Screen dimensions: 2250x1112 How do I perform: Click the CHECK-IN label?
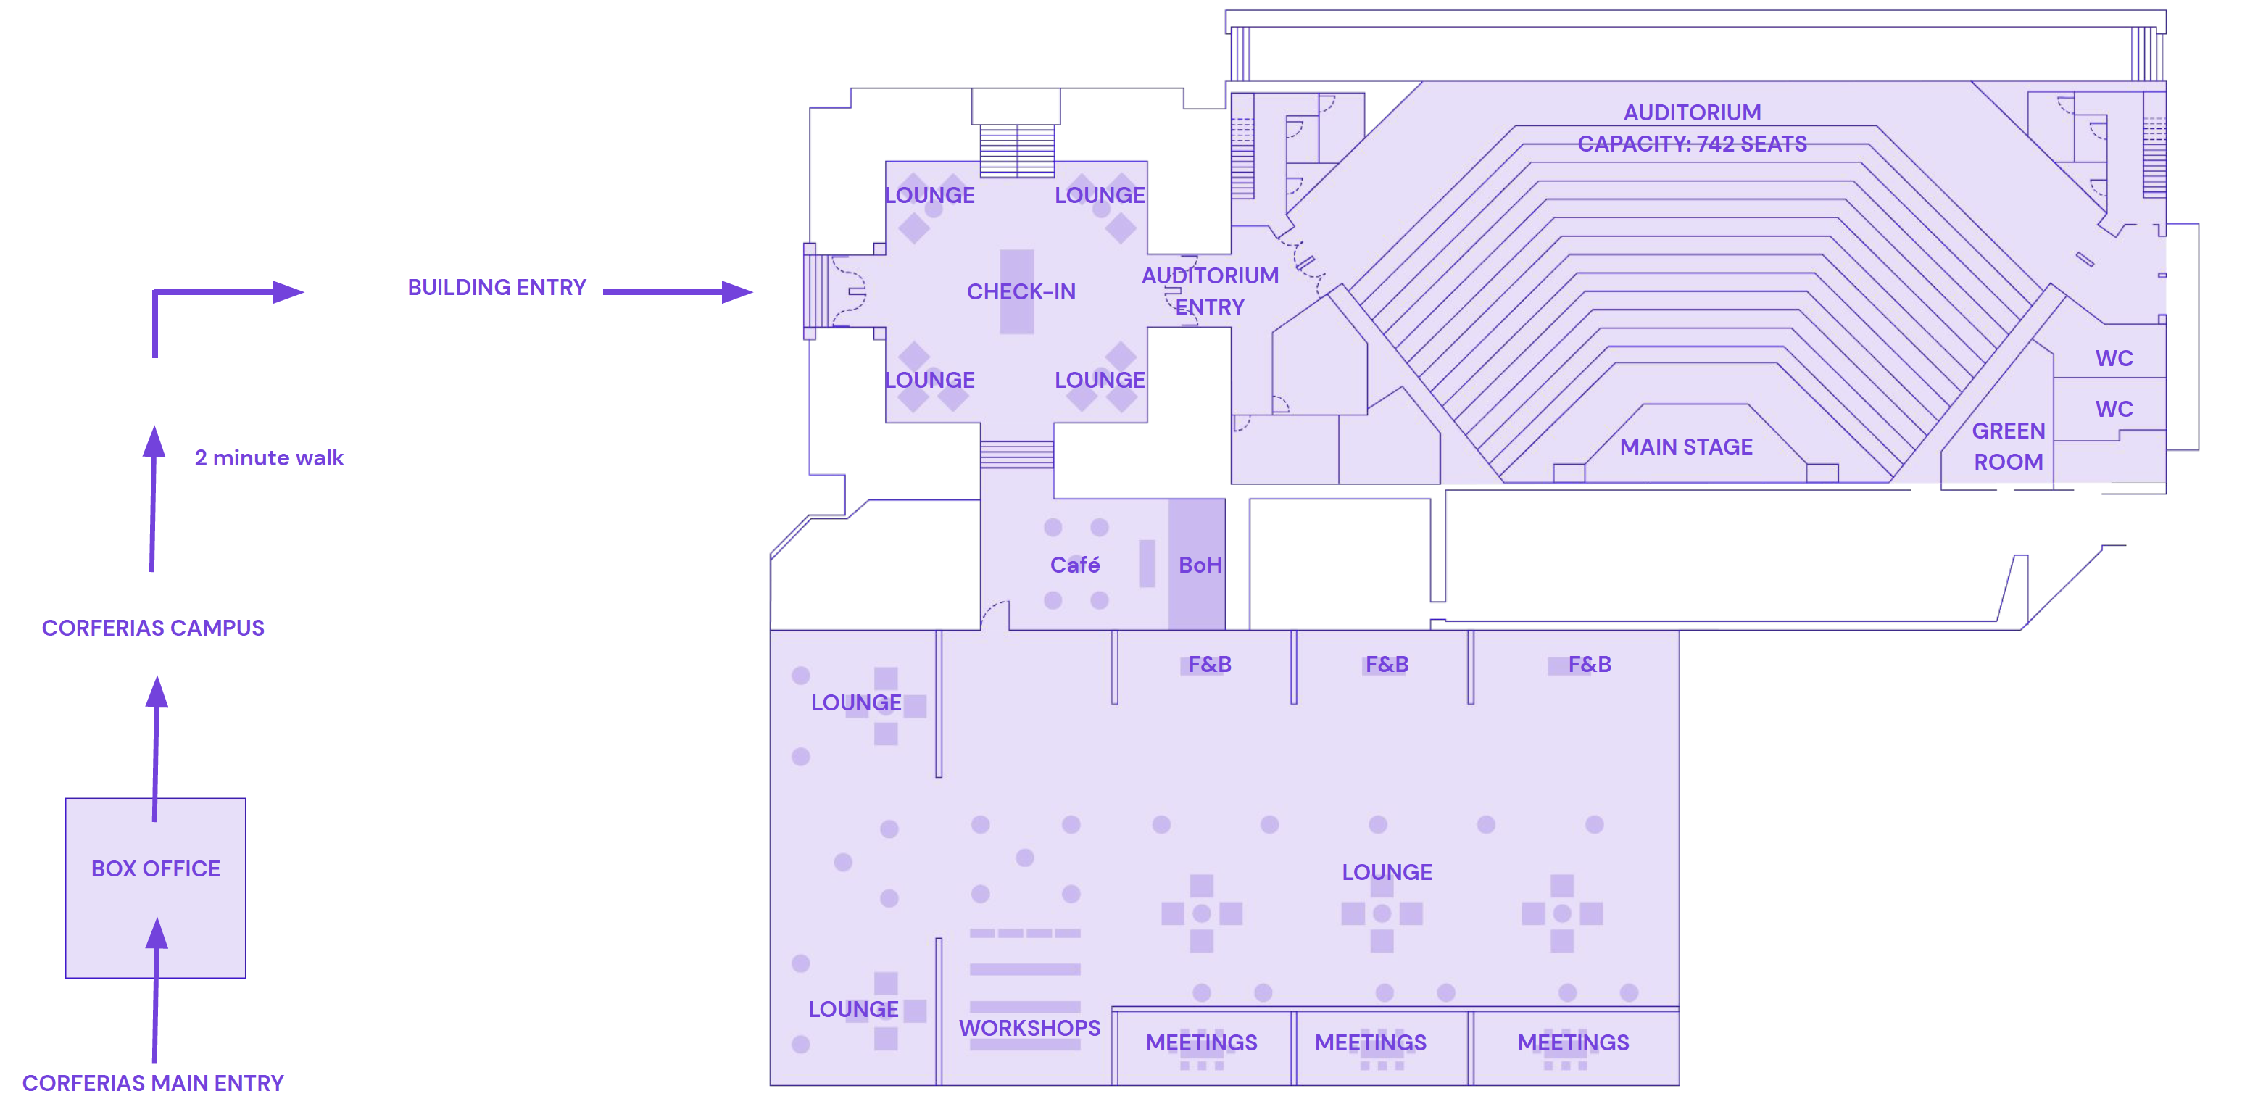tap(1021, 291)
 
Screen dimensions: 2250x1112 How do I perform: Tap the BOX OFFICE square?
tap(155, 887)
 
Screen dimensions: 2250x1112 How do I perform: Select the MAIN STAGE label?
tap(1686, 447)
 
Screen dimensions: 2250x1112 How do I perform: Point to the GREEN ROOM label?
tap(2008, 447)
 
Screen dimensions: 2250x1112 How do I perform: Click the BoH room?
tap(1197, 564)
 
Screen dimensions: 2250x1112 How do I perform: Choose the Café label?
tap(1074, 565)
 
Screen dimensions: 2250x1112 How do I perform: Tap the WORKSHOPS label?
tap(1030, 1028)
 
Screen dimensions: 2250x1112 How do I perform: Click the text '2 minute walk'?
tap(269, 457)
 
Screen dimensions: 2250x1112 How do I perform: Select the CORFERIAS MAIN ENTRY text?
tap(153, 1083)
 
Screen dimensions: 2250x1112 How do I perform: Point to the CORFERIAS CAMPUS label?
tap(153, 628)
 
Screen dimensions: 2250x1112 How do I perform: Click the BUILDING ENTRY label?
tap(497, 287)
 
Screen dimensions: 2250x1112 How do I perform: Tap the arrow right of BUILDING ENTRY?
tap(678, 291)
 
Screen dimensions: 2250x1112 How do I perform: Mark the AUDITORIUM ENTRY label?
tap(1210, 291)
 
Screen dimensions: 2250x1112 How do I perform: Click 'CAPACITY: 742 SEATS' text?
tap(1692, 144)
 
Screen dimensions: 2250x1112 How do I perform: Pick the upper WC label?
tap(2114, 358)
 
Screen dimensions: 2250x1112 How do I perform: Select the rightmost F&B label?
tap(1590, 665)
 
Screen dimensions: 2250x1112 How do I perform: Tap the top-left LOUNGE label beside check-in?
tap(929, 195)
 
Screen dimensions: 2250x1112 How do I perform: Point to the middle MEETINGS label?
tap(1371, 1042)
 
